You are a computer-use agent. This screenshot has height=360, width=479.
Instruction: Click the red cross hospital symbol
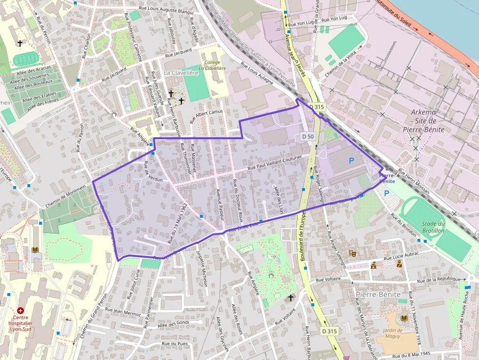pyautogui.click(x=21, y=310)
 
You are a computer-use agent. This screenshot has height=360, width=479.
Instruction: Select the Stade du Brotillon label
pyautogui.click(x=433, y=227)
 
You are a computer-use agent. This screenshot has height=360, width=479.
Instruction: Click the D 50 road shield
pyautogui.click(x=307, y=136)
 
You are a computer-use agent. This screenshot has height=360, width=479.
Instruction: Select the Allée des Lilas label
pyautogui.click(x=279, y=197)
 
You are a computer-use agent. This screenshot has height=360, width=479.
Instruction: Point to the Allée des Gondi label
pyautogui.click(x=174, y=324)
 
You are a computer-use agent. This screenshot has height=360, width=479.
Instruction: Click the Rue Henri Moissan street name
pyautogui.click(x=414, y=181)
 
